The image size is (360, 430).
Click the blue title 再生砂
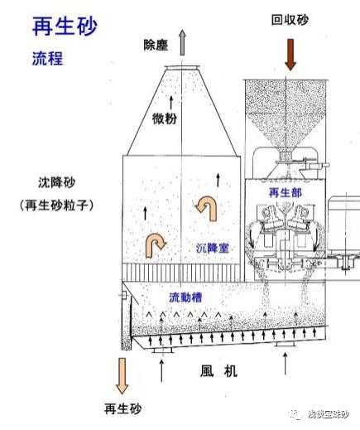pos(65,27)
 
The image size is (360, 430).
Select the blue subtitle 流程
pos(48,58)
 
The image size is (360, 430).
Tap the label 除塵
pos(156,45)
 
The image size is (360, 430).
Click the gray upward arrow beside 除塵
pos(182,42)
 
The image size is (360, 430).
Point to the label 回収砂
pos(290,20)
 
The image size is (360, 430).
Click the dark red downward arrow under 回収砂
pos(290,55)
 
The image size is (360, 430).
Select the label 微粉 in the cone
pos(165,118)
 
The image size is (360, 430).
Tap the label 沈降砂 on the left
pos(56,182)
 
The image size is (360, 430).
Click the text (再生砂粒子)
pos(56,205)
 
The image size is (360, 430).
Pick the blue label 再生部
pos(286,192)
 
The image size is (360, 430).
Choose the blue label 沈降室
pos(213,248)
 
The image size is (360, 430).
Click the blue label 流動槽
pos(185,297)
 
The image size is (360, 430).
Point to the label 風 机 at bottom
pos(218,371)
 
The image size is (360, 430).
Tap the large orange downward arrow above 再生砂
pos(122,375)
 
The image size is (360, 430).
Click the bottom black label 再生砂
pos(122,408)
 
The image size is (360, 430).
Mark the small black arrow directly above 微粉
pos(171,103)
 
